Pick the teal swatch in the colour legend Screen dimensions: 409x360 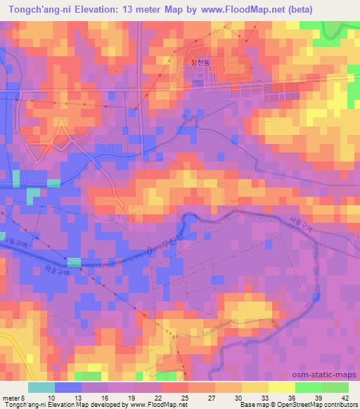coord(41,387)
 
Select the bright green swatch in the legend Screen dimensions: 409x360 coord(335,387)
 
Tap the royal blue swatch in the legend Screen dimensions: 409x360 coord(68,387)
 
